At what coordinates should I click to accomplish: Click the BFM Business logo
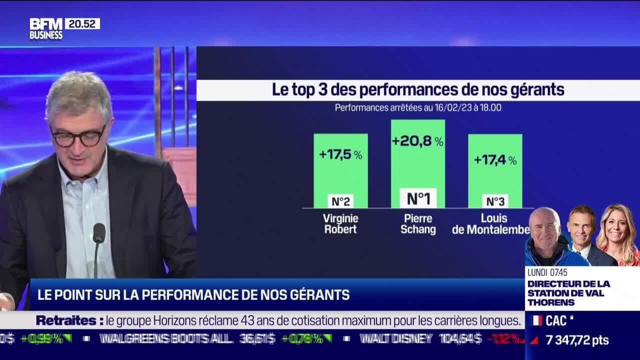click(x=46, y=28)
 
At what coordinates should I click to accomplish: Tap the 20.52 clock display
click(x=82, y=23)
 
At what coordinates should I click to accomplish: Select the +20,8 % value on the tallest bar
click(x=417, y=141)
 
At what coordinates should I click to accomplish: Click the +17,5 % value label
click(x=340, y=154)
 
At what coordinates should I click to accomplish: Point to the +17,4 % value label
click(x=495, y=160)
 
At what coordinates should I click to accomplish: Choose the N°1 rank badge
click(x=418, y=198)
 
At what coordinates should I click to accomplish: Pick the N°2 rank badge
click(x=340, y=201)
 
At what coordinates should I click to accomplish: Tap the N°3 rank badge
click(x=495, y=201)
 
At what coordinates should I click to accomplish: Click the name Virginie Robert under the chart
click(x=340, y=224)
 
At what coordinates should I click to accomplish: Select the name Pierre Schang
click(x=418, y=224)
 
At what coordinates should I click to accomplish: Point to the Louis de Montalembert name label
click(x=490, y=224)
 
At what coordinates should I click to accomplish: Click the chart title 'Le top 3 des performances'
click(x=418, y=90)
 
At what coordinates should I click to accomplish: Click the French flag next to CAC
click(x=536, y=320)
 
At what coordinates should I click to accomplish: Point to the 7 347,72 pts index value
click(x=577, y=340)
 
